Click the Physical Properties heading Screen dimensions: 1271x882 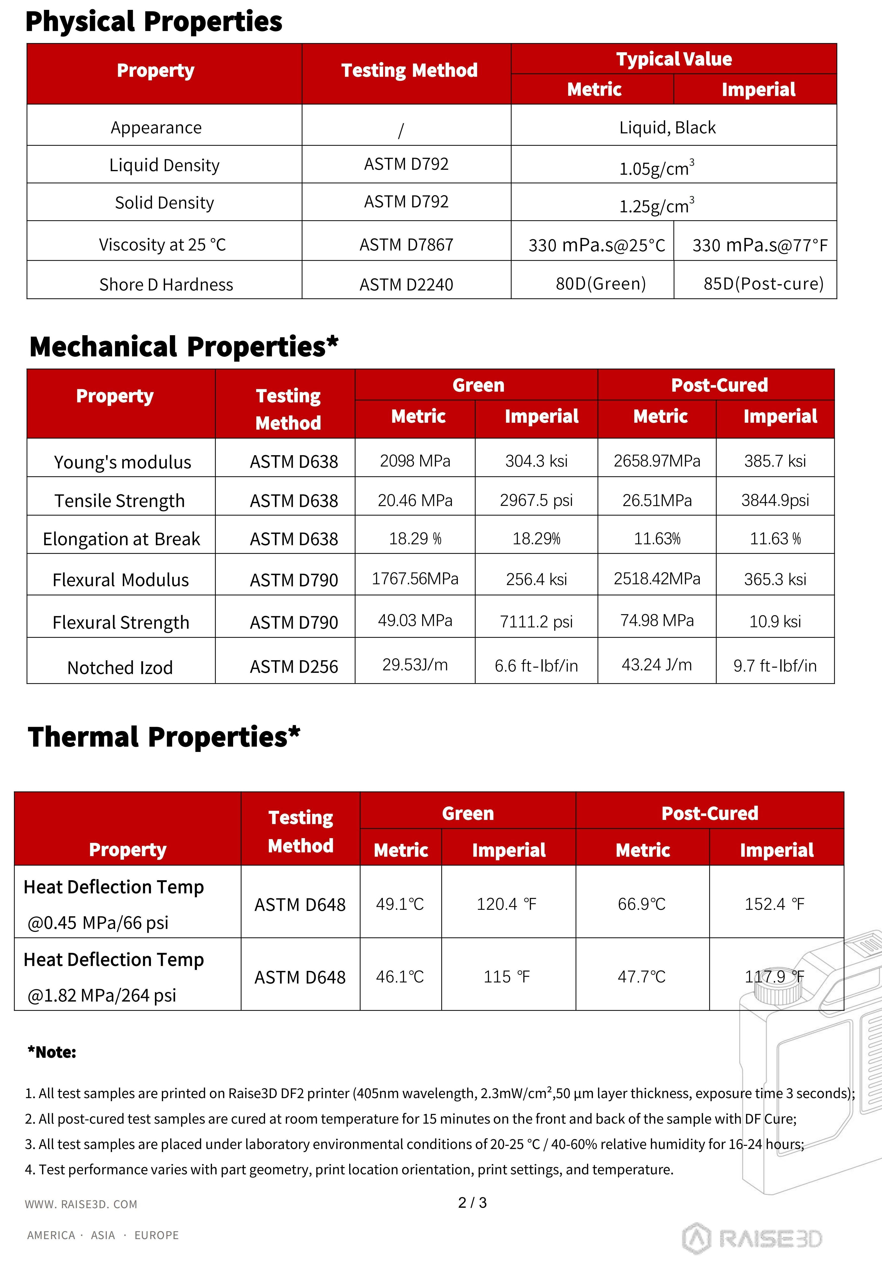pos(154,22)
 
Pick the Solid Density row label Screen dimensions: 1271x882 pos(164,203)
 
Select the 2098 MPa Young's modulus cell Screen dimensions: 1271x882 pos(415,461)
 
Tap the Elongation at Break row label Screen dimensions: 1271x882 pos(121,539)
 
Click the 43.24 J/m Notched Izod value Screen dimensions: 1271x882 pos(657,664)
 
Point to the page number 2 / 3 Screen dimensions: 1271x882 pos(472,1202)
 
